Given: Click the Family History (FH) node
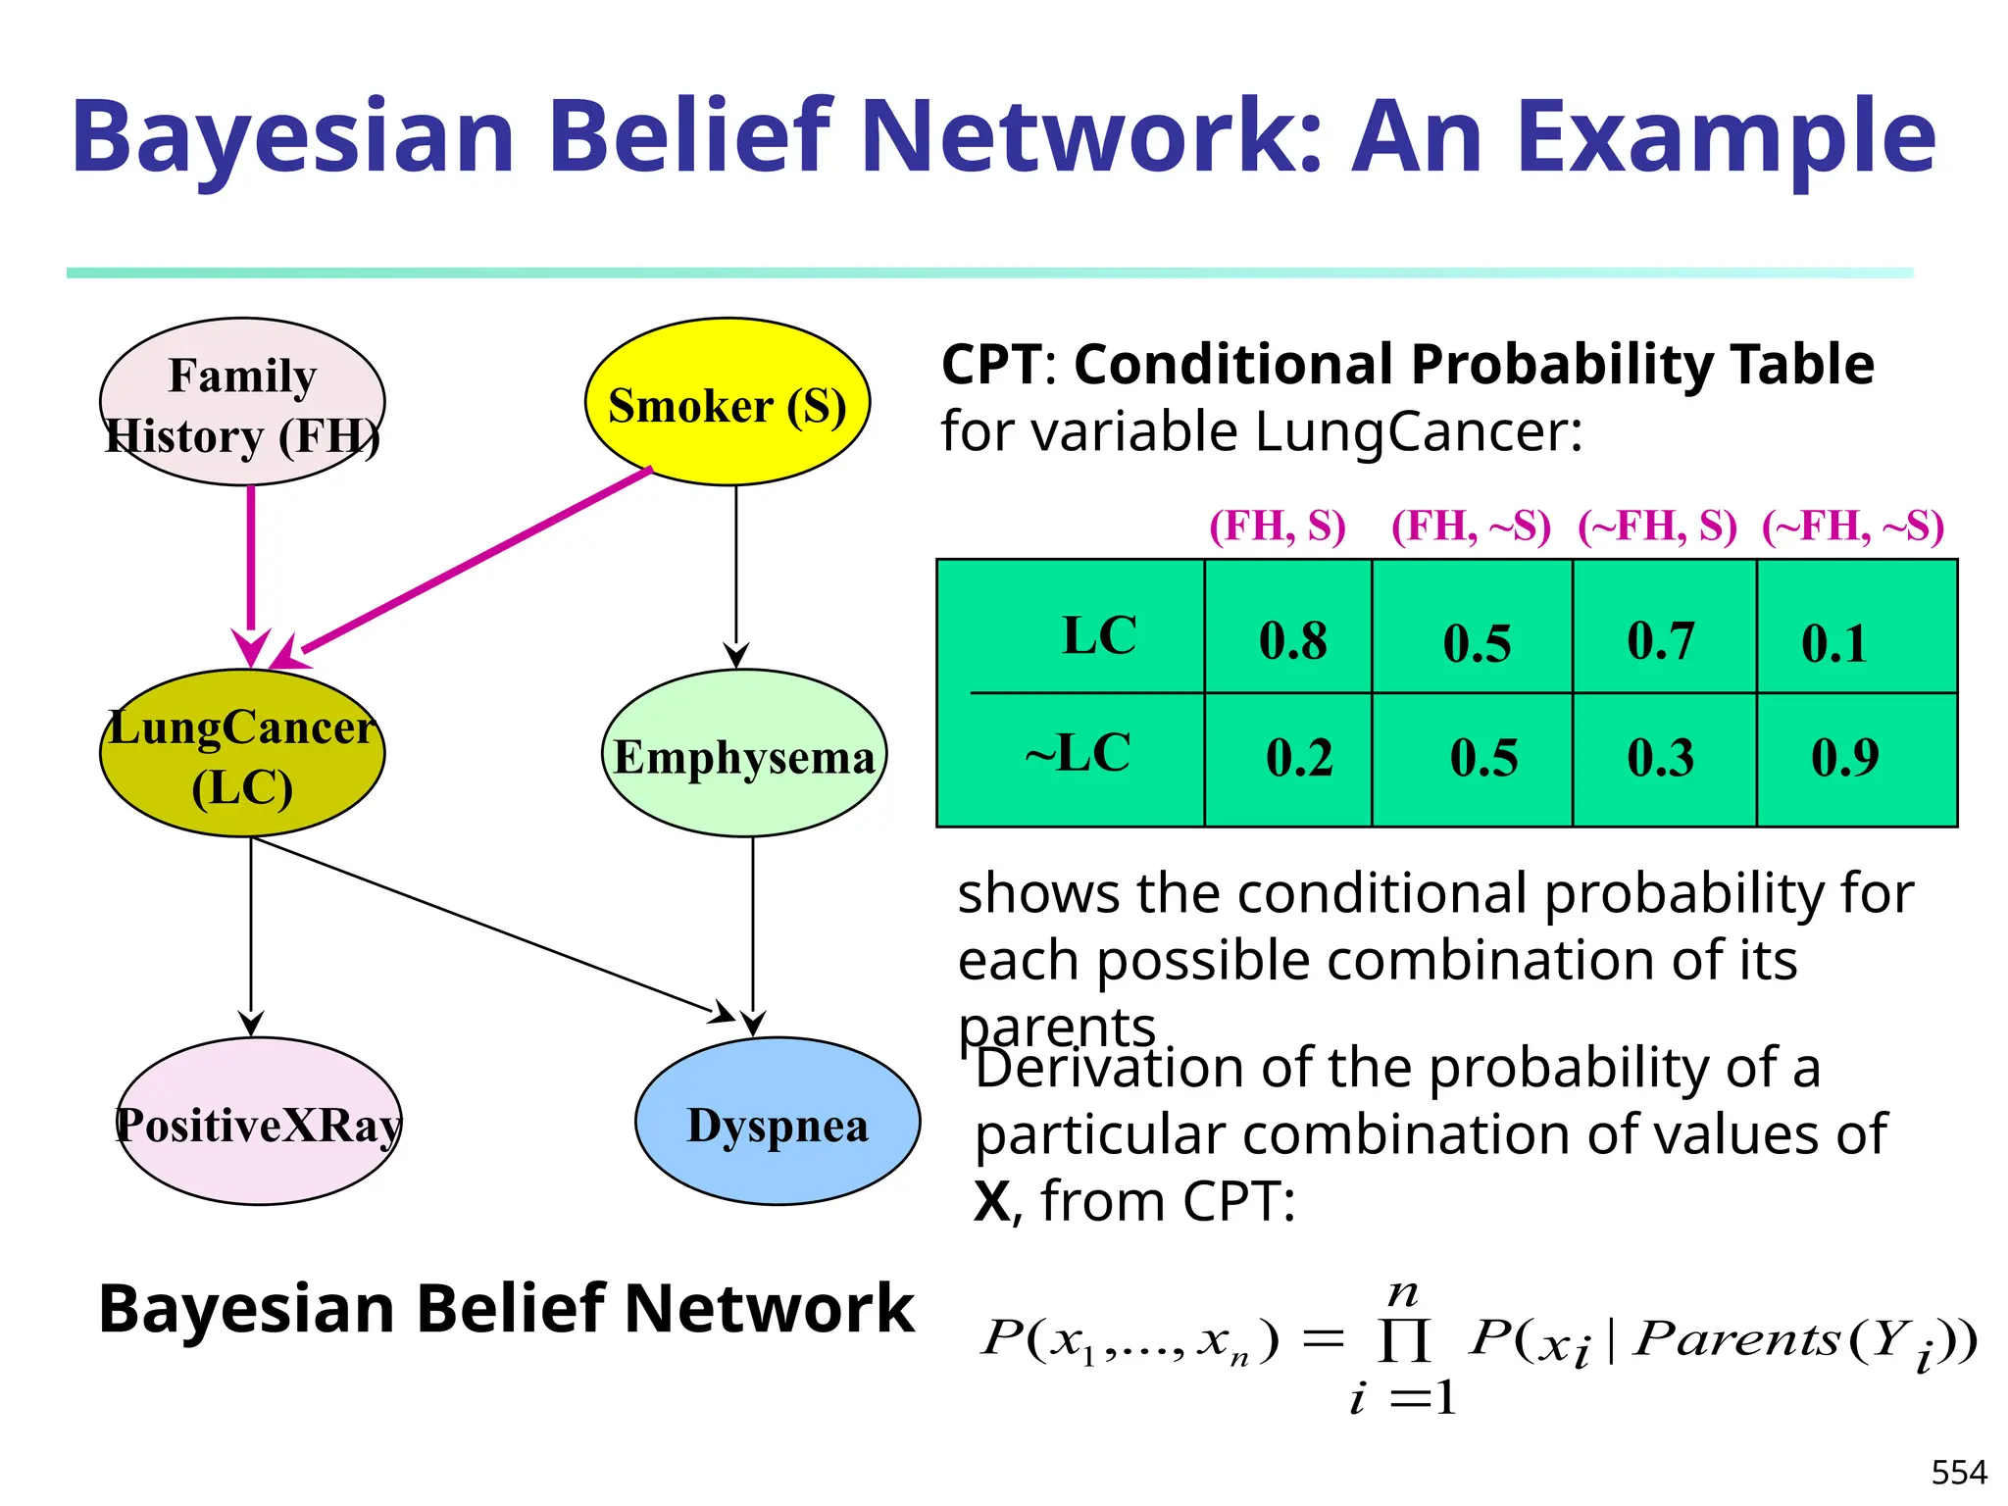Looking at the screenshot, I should tap(242, 402).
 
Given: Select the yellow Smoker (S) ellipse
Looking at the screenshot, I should tap(727, 402).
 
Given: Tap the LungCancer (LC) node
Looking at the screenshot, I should tap(242, 754).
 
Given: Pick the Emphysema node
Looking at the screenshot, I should tap(744, 754).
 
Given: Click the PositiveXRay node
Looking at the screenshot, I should tap(259, 1122).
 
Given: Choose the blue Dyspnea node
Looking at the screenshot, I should tap(778, 1122).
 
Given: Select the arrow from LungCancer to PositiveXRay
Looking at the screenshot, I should tap(251, 931).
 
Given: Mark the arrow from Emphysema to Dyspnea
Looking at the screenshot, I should tap(753, 931).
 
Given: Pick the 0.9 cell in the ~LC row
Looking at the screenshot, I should tap(1844, 757).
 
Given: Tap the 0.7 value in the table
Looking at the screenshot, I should tap(1661, 641).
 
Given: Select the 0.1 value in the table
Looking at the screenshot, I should tap(1833, 643).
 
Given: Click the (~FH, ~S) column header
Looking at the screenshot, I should tap(1853, 527).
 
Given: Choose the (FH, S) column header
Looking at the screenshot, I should tap(1278, 527).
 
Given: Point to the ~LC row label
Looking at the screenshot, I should tap(1078, 754).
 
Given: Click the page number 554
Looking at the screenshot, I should tap(1959, 1473).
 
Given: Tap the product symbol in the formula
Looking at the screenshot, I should tap(1404, 1340).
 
